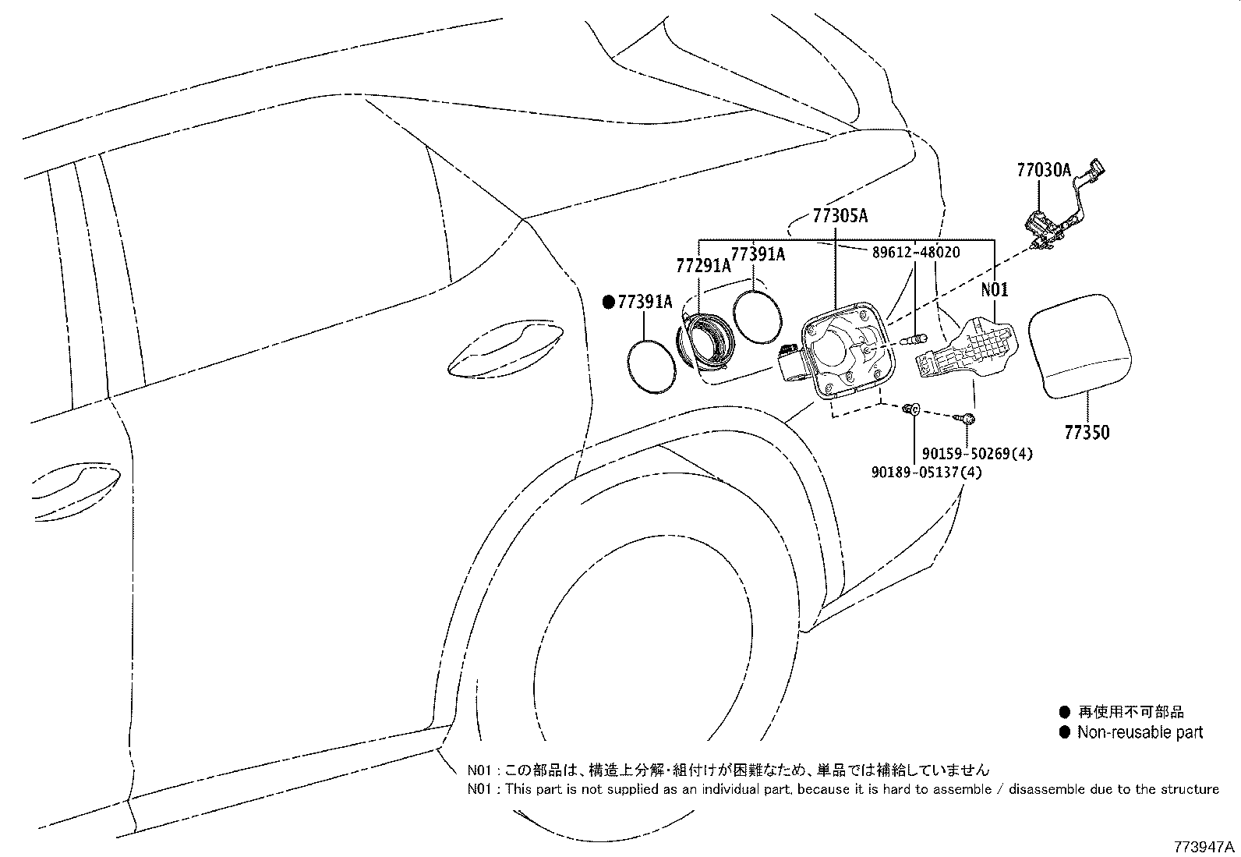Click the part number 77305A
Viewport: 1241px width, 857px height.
point(840,216)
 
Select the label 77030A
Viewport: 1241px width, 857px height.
point(1044,170)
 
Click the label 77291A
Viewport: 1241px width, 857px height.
point(703,266)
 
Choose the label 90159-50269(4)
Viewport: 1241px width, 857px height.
point(977,454)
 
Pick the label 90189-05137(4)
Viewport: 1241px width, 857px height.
point(927,473)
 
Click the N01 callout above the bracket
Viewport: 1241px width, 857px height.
point(995,290)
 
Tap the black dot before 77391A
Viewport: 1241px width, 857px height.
point(609,303)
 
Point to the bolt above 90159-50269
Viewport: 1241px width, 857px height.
point(968,420)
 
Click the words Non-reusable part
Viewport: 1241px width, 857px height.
point(1140,732)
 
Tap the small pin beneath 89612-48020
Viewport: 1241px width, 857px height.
point(913,339)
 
